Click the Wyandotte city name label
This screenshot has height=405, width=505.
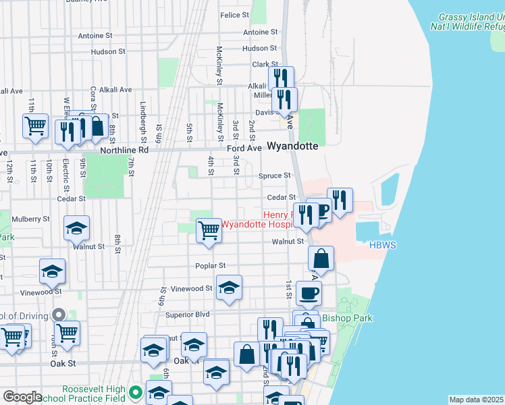tap(292, 146)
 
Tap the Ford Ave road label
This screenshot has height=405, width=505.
tap(244, 148)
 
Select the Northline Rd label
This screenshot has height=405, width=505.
tap(124, 151)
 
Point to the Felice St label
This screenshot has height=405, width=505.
tap(235, 15)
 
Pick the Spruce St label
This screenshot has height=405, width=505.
tap(274, 176)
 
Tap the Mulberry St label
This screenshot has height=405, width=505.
tap(31, 219)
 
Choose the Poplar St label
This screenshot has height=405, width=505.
tap(211, 266)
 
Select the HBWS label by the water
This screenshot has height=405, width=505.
tap(382, 245)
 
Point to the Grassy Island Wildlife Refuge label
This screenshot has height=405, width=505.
tap(472, 22)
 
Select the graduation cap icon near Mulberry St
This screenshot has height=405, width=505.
tap(77, 228)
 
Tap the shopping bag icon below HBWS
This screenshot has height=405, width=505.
tap(321, 258)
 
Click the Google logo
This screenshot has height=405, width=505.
tap(23, 397)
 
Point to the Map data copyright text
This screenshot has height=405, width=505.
tap(477, 400)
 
